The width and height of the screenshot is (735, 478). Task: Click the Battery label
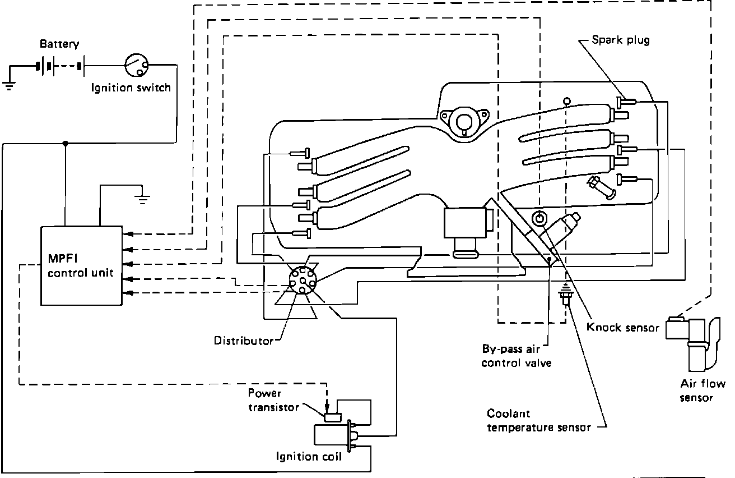(59, 44)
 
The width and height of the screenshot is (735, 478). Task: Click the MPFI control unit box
(81, 265)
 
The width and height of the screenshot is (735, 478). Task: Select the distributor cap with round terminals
(301, 279)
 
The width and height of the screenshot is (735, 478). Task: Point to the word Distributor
(243, 341)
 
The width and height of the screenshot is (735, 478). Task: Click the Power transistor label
(273, 400)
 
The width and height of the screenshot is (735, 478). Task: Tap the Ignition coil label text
(309, 456)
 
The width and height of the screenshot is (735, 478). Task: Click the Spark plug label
(621, 40)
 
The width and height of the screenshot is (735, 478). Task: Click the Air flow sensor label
(702, 390)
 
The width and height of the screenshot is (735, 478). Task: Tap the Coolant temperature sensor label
(538, 421)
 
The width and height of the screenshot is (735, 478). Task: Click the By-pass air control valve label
(516, 356)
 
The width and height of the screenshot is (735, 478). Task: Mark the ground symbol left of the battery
(10, 85)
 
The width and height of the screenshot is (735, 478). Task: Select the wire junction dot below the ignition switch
(66, 144)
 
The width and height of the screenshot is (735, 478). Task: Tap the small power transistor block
(333, 416)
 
